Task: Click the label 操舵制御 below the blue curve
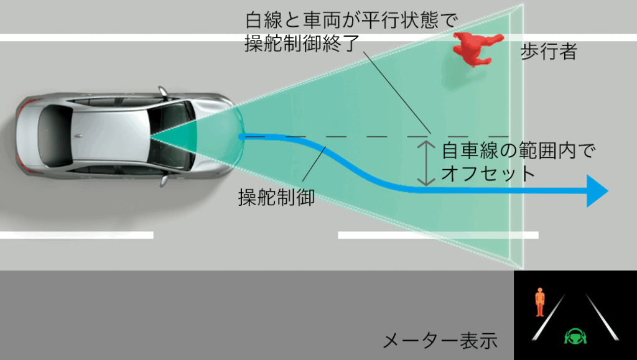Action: [x=276, y=198]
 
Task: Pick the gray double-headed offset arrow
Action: [x=425, y=163]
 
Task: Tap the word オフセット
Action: [x=488, y=173]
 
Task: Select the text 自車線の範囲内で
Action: [x=518, y=151]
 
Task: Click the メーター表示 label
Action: [x=440, y=340]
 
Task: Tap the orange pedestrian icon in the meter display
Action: [x=540, y=302]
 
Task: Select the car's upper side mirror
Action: [x=163, y=92]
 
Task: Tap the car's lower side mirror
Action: [x=163, y=180]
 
